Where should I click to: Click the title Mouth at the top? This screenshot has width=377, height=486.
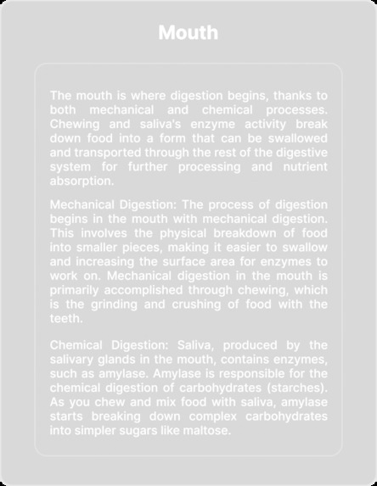[x=188, y=33]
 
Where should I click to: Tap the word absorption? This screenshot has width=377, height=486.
[x=80, y=181]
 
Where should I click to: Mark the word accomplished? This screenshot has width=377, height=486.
[x=160, y=290]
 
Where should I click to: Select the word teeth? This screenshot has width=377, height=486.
[x=66, y=318]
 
